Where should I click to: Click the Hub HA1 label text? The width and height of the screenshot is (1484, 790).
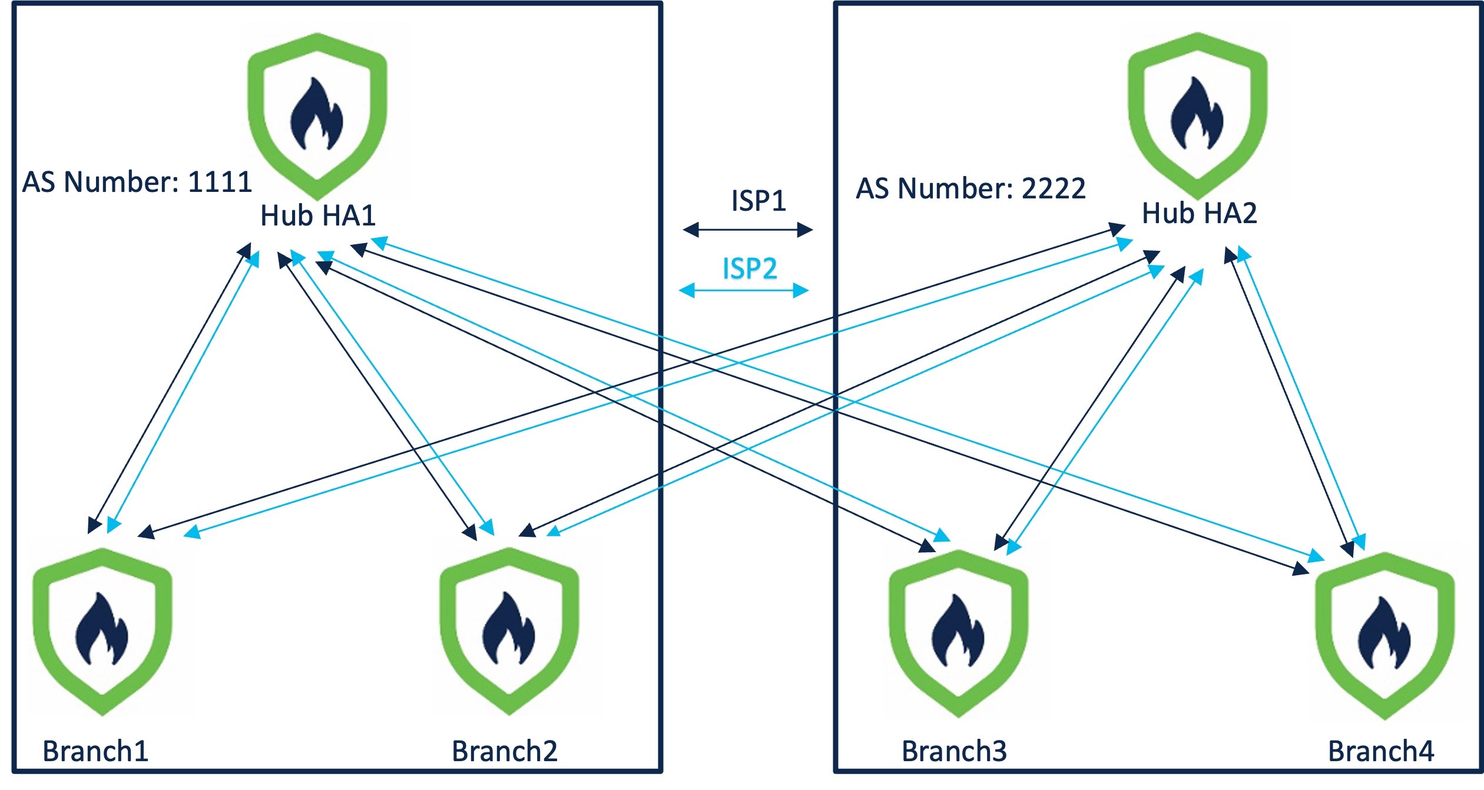coord(317,215)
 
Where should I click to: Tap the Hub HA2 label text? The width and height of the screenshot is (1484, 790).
coord(1199,213)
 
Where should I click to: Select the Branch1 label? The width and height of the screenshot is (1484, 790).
coord(95,751)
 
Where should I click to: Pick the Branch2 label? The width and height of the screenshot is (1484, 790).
coord(504,751)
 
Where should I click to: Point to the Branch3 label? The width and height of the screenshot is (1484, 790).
coord(954,751)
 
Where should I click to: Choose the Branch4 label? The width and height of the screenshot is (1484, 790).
coord(1381,751)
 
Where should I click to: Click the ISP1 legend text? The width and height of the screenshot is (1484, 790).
coord(758,201)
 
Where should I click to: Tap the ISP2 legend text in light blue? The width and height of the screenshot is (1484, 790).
coord(750,269)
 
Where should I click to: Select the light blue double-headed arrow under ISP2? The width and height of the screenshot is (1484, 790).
coord(744,290)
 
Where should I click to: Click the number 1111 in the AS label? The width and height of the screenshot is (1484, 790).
coord(220,182)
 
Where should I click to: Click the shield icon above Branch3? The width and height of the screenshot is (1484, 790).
coord(958,633)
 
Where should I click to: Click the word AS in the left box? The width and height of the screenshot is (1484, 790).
coord(40,182)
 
